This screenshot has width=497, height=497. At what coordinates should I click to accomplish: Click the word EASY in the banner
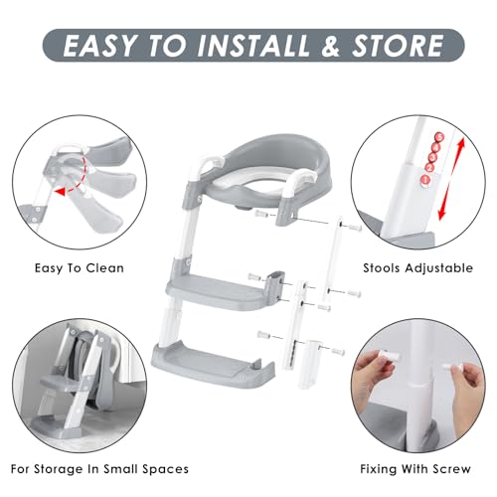(x=99, y=45)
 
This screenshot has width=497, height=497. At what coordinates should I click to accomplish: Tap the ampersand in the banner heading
(x=330, y=45)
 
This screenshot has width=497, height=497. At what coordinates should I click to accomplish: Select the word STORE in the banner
(x=397, y=45)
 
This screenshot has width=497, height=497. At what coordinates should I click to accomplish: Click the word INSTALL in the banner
(x=252, y=45)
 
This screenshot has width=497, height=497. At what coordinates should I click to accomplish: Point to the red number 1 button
(x=425, y=180)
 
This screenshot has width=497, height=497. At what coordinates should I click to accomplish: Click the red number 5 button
(x=439, y=137)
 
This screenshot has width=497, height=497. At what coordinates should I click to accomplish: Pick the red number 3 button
(x=432, y=157)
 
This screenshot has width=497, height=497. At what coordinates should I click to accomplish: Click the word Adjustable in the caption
(x=439, y=268)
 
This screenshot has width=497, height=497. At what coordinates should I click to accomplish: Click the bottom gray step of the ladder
(x=212, y=365)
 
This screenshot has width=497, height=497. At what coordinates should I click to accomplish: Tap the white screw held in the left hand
(x=391, y=357)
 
